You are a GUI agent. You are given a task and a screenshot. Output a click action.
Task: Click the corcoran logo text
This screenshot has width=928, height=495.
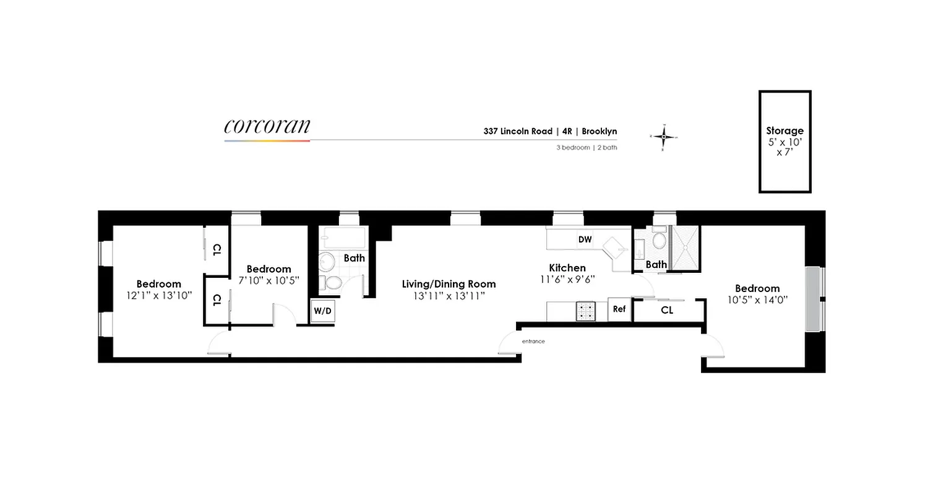point(267,126)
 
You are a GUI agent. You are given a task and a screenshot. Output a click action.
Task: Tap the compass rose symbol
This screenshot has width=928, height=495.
point(663,136)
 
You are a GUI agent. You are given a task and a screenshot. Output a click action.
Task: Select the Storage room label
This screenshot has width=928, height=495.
point(784,131)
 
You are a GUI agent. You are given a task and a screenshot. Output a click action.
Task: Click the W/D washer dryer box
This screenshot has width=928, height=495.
point(322,311)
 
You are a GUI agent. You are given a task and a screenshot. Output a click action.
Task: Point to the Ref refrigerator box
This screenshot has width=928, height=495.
point(619,309)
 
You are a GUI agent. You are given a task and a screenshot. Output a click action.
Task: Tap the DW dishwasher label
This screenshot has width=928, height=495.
point(585,239)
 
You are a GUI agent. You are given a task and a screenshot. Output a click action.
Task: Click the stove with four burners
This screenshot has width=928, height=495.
point(586,311)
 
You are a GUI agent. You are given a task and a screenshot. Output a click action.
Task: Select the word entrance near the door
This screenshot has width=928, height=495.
point(533,342)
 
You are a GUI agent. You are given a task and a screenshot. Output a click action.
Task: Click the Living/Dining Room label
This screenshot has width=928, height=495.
point(449,284)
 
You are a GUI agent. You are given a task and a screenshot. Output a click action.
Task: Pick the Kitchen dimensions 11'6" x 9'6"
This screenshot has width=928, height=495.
point(567,279)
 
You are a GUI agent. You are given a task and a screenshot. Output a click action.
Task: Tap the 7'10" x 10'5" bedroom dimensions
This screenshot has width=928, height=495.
point(269,280)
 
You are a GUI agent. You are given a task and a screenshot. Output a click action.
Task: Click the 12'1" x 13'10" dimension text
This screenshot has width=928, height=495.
point(159,295)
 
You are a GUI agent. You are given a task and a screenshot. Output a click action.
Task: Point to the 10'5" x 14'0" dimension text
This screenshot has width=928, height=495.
point(757,300)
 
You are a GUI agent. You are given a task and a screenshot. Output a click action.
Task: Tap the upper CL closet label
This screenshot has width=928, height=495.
point(217,250)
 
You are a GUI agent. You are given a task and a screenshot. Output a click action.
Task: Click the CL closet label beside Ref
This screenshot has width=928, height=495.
point(667,310)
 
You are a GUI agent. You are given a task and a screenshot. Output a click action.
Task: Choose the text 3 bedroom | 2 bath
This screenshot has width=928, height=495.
point(586,148)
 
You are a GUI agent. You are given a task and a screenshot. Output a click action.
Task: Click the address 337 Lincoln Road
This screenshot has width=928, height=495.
point(518,131)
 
